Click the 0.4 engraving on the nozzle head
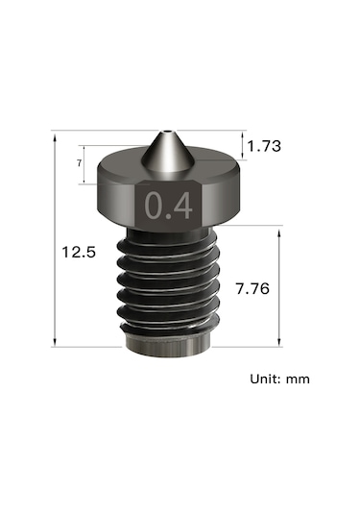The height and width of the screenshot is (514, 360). tap(167, 207)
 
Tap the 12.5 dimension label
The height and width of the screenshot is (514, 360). tap(79, 253)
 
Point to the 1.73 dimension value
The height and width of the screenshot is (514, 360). tap(265, 146)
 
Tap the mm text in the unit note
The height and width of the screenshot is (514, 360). tap(298, 379)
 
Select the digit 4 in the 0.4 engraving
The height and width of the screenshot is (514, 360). tap(181, 207)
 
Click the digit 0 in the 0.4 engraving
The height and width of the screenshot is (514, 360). tap(154, 207)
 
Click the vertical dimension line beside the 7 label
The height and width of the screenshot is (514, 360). tap(86, 164)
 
